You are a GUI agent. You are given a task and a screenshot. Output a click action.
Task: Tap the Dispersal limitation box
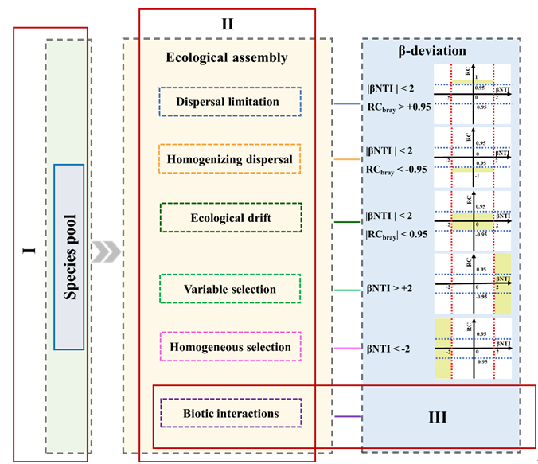[230, 102]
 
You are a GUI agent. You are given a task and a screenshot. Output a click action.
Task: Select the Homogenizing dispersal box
[230, 159]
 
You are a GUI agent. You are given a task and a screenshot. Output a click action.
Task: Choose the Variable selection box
[230, 289]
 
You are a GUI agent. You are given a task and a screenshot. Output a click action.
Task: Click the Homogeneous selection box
[230, 347]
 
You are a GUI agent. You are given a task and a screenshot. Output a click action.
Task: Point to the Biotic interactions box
[230, 414]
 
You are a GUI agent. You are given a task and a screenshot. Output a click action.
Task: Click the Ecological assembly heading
[226, 58]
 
